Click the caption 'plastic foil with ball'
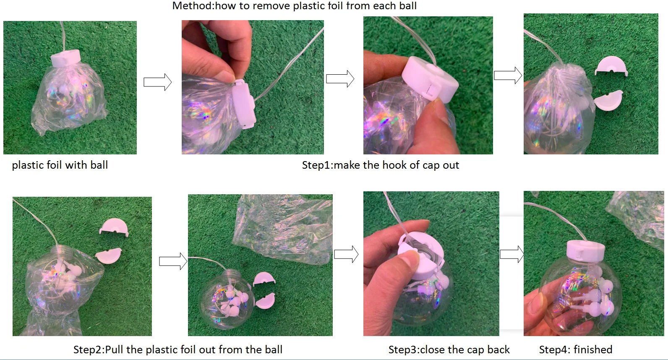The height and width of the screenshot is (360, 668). point(60,165)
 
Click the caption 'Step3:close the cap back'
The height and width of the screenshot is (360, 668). point(449,350)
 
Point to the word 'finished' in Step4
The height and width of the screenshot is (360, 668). point(593,349)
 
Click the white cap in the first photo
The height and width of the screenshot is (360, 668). point(66,58)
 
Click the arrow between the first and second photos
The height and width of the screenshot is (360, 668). point(157,82)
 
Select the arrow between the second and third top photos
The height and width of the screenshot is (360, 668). point(340,79)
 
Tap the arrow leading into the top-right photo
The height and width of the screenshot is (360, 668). point(508,75)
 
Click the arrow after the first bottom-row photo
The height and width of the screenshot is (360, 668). point(173,261)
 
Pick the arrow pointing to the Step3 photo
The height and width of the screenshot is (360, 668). point(346,254)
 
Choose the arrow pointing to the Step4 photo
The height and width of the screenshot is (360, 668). point(512,254)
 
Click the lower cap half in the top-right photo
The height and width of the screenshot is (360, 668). point(609,101)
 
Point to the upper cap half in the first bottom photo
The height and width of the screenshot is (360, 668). point(114,227)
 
